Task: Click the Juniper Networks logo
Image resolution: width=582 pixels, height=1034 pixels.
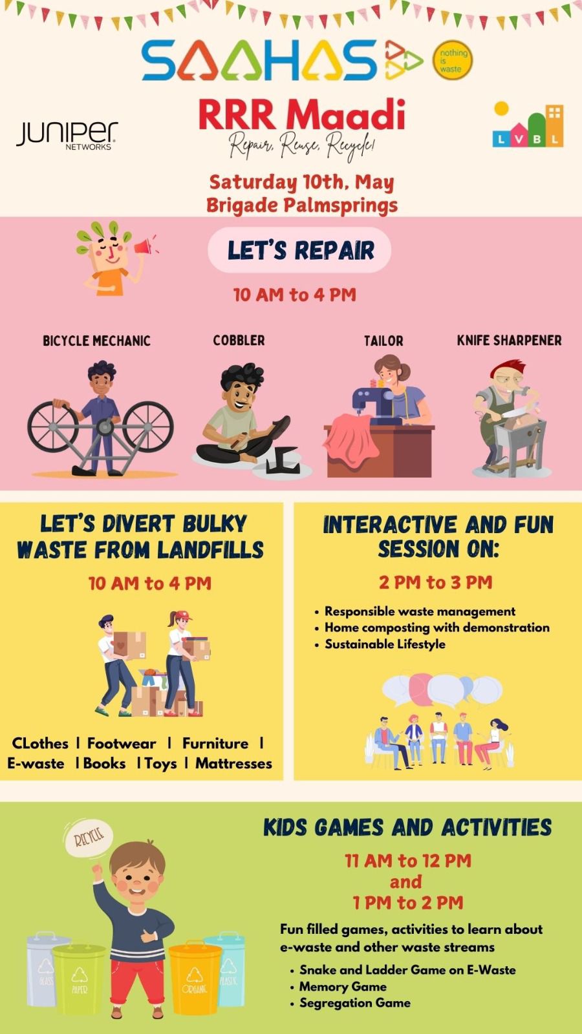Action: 67,136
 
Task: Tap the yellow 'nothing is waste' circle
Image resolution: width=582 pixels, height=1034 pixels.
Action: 453,59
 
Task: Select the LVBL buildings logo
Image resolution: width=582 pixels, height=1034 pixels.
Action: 528,125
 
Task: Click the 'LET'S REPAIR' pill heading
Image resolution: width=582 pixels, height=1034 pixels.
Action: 300,249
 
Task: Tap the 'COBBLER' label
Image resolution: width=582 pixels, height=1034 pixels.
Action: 239,340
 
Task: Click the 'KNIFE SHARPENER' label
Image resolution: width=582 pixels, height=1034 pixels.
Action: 509,340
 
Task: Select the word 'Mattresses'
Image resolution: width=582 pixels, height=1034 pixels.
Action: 233,763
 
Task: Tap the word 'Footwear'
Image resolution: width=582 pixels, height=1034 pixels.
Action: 122,743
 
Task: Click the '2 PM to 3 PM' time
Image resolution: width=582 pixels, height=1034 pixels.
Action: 436,582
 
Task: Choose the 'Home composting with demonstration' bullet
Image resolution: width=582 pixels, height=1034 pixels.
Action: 433,628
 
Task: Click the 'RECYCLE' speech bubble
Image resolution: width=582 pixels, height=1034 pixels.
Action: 89,836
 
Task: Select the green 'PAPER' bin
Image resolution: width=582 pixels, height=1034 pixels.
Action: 80,978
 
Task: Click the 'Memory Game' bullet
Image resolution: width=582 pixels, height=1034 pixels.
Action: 339,986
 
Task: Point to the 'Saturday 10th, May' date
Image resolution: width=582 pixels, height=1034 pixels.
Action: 301,182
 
